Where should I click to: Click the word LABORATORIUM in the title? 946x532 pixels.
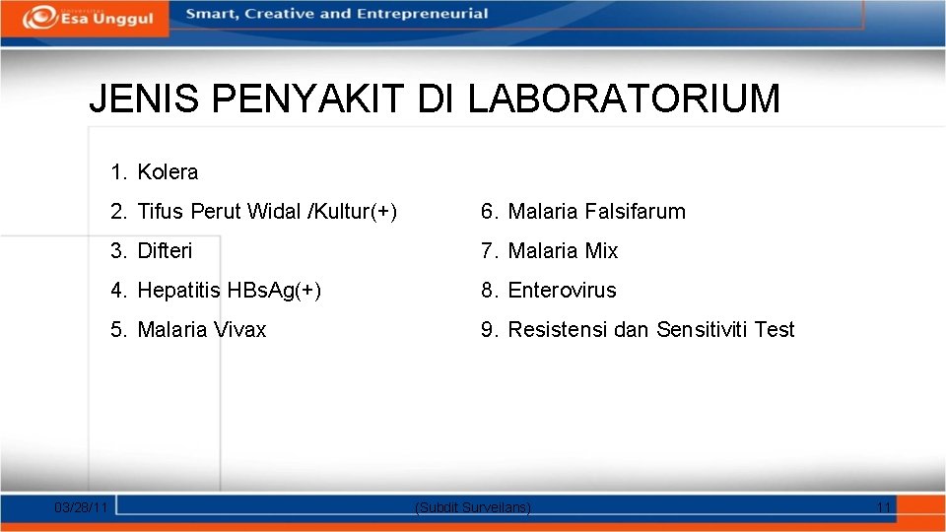[624, 100]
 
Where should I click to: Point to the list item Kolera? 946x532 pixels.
[168, 172]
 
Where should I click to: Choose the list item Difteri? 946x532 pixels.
[165, 251]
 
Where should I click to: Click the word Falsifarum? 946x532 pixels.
[635, 212]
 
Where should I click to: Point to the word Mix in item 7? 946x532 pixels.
[601, 251]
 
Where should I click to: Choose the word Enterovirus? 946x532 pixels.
[562, 291]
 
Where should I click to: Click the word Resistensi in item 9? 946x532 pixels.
[558, 330]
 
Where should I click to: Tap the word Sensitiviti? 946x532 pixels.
[703, 330]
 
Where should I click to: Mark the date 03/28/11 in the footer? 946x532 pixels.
[82, 507]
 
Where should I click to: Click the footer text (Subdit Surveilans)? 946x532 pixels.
[474, 507]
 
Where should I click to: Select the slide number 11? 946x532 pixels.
[884, 507]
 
